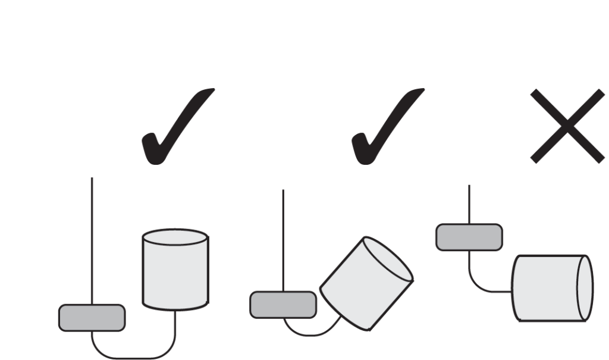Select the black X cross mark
567,126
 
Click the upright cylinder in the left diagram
175,271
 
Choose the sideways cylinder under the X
550,289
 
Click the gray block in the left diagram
92,318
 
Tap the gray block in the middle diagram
282,305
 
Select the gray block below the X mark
469,237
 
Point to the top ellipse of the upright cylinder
175,237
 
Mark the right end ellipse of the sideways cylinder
585,288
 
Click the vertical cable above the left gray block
92,238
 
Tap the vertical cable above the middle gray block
282,238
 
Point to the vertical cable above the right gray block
469,204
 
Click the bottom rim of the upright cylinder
175,308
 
